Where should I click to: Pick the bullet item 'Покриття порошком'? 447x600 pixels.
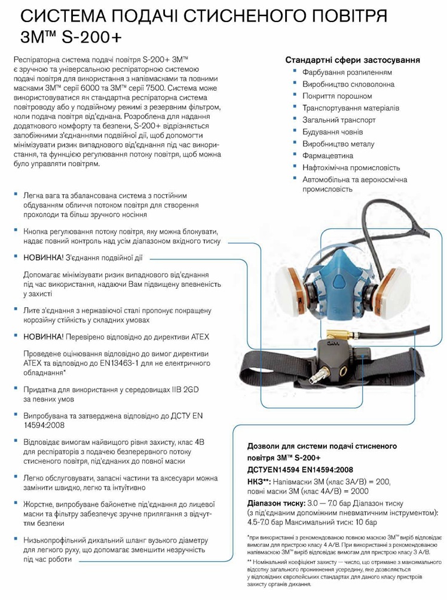coord(337,96)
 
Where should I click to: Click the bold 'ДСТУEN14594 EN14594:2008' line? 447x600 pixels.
coord(300,469)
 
